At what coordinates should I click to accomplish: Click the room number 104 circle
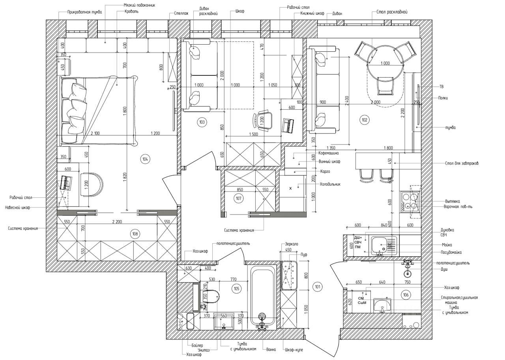coord(145,159)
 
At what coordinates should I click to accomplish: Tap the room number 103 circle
coord(202,122)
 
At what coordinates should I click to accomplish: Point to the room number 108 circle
coord(135,234)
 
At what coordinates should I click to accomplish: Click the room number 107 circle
coord(238,198)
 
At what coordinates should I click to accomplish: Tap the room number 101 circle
coord(317,287)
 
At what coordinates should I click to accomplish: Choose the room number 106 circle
coord(406,295)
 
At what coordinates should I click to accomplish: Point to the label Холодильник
coord(329,184)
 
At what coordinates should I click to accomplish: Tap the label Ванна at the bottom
coord(271,349)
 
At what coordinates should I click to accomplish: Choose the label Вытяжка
coord(452,201)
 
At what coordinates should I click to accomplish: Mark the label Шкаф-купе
coord(294,350)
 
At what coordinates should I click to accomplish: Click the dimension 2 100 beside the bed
coord(95,133)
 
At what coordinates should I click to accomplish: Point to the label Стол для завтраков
coord(462,163)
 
